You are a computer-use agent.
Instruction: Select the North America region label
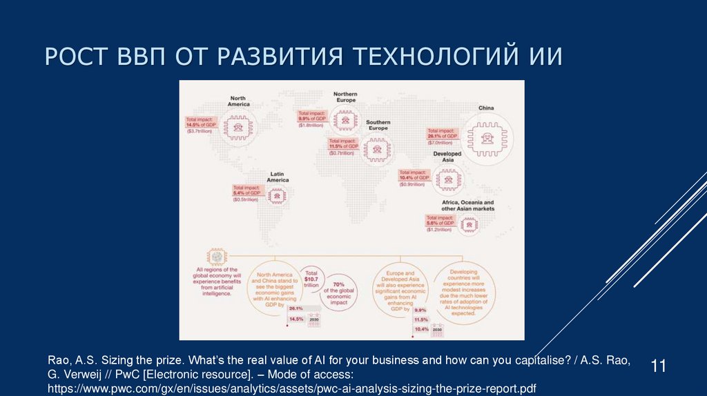[239, 101]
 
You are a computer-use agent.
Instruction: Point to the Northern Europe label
[345, 97]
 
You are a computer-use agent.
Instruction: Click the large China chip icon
[486, 137]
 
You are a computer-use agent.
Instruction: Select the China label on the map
[486, 108]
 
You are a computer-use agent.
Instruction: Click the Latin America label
[278, 177]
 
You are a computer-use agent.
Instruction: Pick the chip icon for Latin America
[278, 197]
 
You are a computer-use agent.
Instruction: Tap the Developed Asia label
[447, 157]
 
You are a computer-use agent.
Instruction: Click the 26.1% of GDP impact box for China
[441, 134]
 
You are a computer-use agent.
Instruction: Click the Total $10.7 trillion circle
[311, 277]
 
